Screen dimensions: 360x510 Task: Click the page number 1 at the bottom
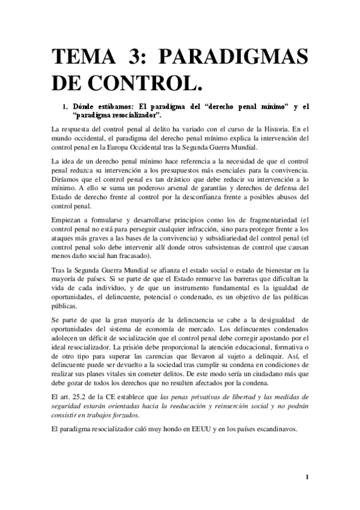307,478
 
